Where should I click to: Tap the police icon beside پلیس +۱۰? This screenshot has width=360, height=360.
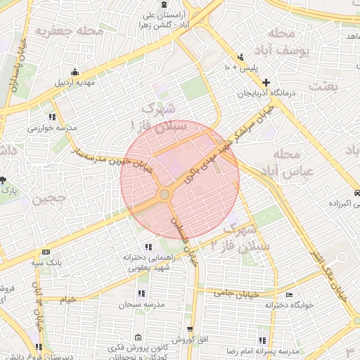click(242, 56)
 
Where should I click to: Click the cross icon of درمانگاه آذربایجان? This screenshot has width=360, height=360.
click(266, 82)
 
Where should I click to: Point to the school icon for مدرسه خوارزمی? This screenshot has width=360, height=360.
click(51, 117)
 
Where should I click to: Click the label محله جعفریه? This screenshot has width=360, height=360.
click(70, 31)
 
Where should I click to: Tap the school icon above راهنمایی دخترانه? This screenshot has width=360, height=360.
click(148, 247)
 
